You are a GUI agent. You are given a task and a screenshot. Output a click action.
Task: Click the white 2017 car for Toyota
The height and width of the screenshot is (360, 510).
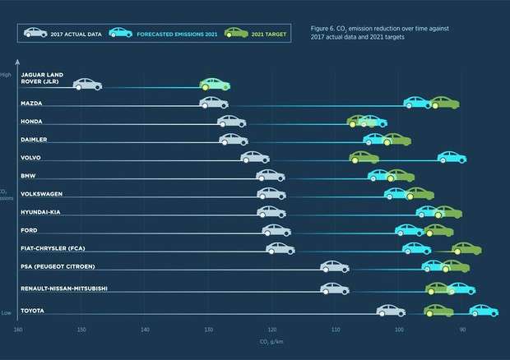pyautogui.click(x=391, y=311)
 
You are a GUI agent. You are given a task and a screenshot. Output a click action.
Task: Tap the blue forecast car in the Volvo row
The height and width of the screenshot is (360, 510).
pyautogui.click(x=452, y=157)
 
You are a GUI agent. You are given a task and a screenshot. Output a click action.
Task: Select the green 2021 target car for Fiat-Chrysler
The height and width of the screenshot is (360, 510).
pyautogui.click(x=466, y=248)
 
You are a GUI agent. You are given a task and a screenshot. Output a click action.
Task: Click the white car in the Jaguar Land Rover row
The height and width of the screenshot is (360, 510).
pyautogui.click(x=87, y=84)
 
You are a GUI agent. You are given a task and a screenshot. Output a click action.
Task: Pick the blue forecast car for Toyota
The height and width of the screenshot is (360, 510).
pyautogui.click(x=484, y=311)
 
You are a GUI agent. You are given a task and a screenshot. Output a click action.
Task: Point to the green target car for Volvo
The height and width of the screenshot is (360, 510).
pyautogui.click(x=364, y=157)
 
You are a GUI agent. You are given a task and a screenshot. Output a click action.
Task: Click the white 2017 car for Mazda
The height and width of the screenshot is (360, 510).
pyautogui.click(x=214, y=103)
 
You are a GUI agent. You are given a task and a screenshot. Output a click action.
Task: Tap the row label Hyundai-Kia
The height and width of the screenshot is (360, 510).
pyautogui.click(x=40, y=212)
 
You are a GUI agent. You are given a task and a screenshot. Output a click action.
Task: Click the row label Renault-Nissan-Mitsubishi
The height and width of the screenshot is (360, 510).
pyautogui.click(x=64, y=288)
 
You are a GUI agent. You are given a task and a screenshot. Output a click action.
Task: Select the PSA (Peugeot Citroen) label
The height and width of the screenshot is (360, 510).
pyautogui.click(x=58, y=266)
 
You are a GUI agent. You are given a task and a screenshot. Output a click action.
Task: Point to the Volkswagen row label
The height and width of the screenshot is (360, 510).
pyautogui.click(x=42, y=194)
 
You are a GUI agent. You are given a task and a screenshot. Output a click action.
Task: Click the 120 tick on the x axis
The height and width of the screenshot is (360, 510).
pyautogui.click(x=272, y=330)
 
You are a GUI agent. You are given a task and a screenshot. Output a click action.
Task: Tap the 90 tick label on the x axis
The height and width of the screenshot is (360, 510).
pyautogui.click(x=462, y=330)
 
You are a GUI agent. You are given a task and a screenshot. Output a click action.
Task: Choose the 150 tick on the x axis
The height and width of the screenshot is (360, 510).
pyautogui.click(x=81, y=330)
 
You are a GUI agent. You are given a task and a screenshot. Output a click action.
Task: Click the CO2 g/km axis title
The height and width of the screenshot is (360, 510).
pyautogui.click(x=271, y=342)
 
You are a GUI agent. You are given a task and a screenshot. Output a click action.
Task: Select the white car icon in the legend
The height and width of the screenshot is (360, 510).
pyautogui.click(x=35, y=32)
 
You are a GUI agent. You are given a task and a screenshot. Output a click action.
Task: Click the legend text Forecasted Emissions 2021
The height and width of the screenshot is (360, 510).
pyautogui.click(x=177, y=35)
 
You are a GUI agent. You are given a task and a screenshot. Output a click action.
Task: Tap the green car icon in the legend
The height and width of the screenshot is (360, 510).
pyautogui.click(x=236, y=32)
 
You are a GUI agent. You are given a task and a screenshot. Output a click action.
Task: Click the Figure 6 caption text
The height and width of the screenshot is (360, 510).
pyautogui.click(x=379, y=33)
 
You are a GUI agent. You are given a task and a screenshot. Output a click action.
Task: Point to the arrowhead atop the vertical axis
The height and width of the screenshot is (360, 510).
pyautogui.click(x=17, y=62)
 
